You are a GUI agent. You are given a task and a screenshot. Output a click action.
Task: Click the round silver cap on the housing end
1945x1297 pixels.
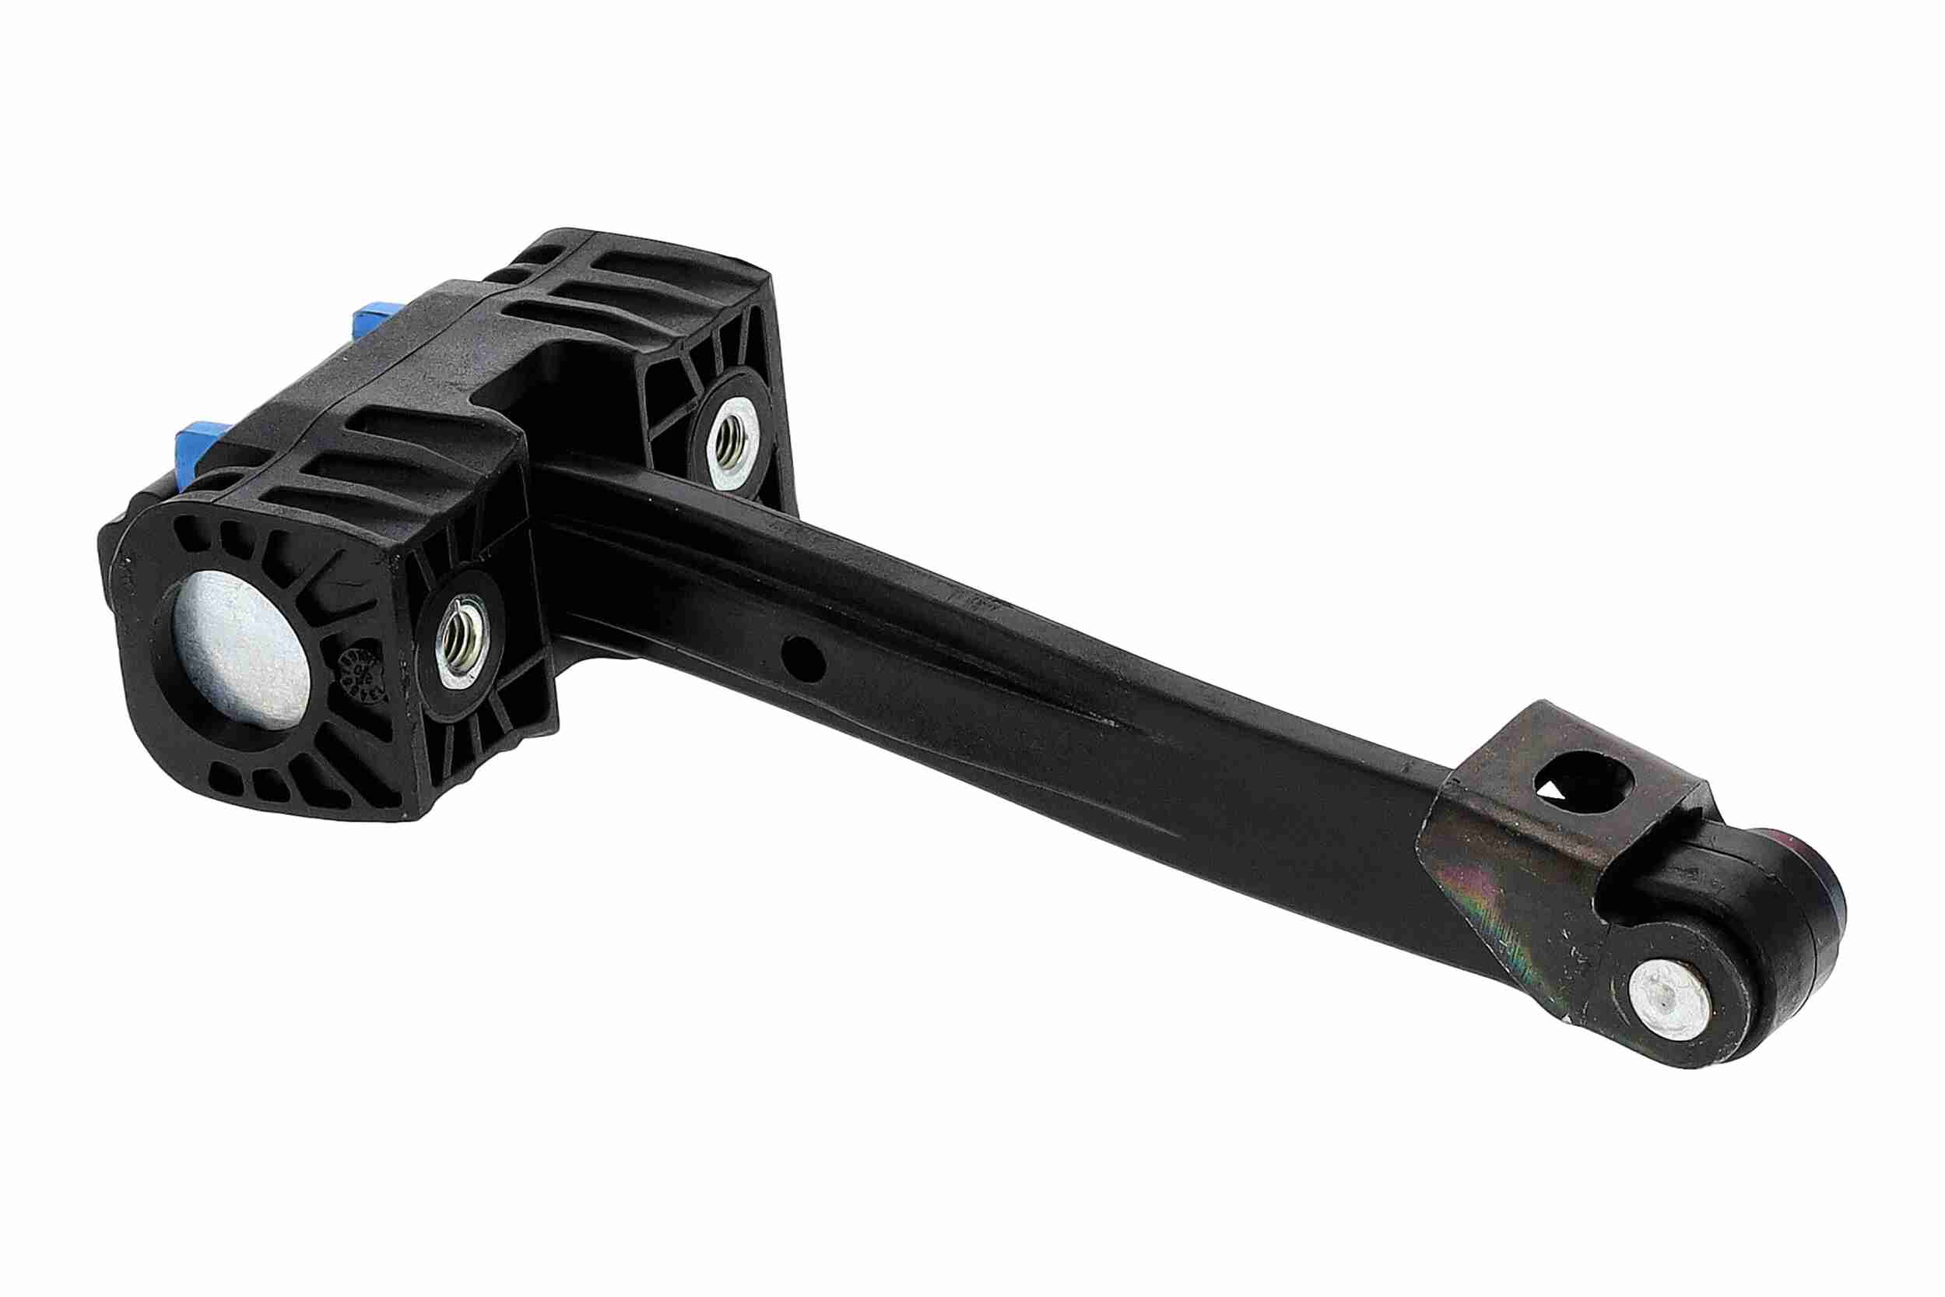point(240,653)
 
